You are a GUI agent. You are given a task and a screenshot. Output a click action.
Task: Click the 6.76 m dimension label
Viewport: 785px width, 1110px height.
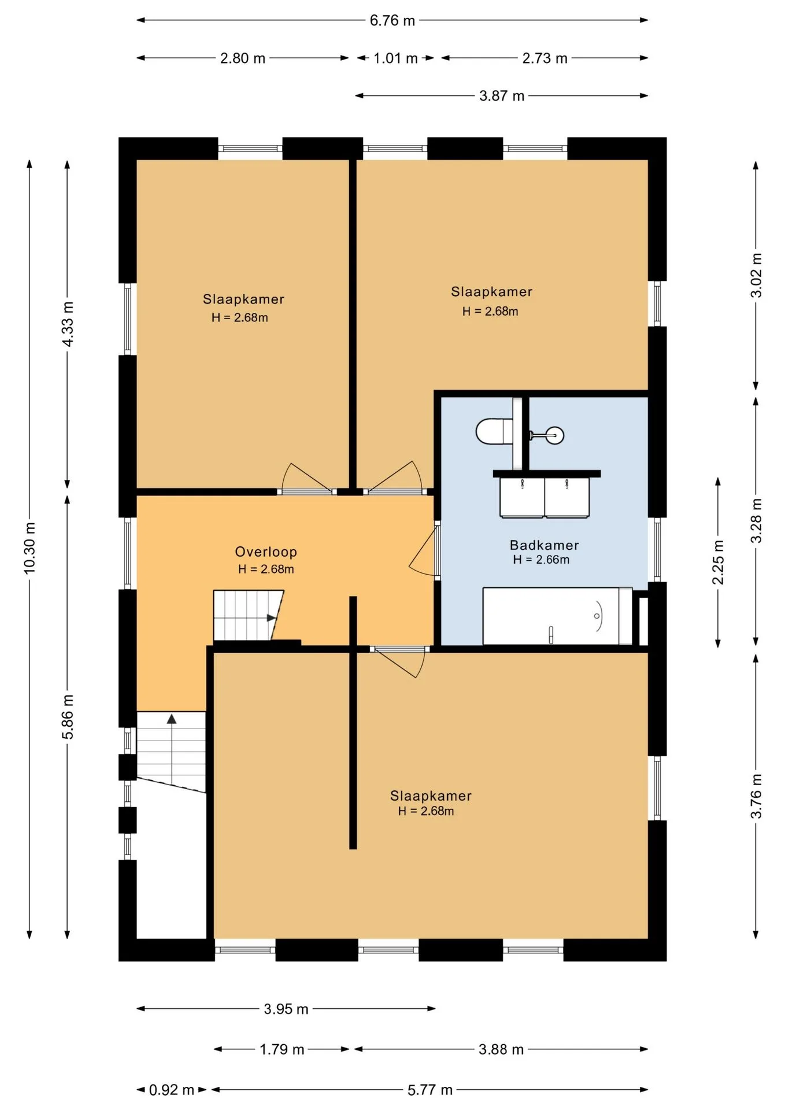point(392,21)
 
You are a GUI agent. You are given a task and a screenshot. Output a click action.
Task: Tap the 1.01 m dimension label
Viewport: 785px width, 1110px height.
point(395,58)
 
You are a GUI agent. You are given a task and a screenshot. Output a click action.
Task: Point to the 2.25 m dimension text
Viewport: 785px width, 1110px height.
point(718,563)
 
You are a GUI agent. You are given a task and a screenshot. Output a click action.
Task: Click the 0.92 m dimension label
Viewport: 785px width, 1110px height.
point(172,1090)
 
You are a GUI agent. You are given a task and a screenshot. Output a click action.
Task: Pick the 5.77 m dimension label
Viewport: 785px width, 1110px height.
point(430,1090)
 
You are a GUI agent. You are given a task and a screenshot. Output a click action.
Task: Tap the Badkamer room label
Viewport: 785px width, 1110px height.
point(544,545)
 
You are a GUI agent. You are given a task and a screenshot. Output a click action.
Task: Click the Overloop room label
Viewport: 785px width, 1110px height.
point(266,552)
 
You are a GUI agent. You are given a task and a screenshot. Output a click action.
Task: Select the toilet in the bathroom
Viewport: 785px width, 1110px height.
point(494,431)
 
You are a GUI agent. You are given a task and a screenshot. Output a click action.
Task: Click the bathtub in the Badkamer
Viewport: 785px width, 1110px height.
point(557,616)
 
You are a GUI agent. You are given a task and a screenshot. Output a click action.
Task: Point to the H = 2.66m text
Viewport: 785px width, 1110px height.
point(541,560)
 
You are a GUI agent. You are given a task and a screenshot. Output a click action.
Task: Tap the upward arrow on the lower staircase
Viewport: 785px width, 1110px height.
point(172,719)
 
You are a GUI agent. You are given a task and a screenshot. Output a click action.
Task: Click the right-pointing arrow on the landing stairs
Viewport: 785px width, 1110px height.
point(271,618)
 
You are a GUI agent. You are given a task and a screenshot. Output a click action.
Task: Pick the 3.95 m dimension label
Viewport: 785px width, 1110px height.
point(286,1009)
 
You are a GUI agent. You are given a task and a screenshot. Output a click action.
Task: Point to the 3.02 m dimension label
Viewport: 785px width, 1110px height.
point(756,275)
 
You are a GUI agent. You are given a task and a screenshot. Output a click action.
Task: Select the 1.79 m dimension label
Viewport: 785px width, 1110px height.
point(282,1049)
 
